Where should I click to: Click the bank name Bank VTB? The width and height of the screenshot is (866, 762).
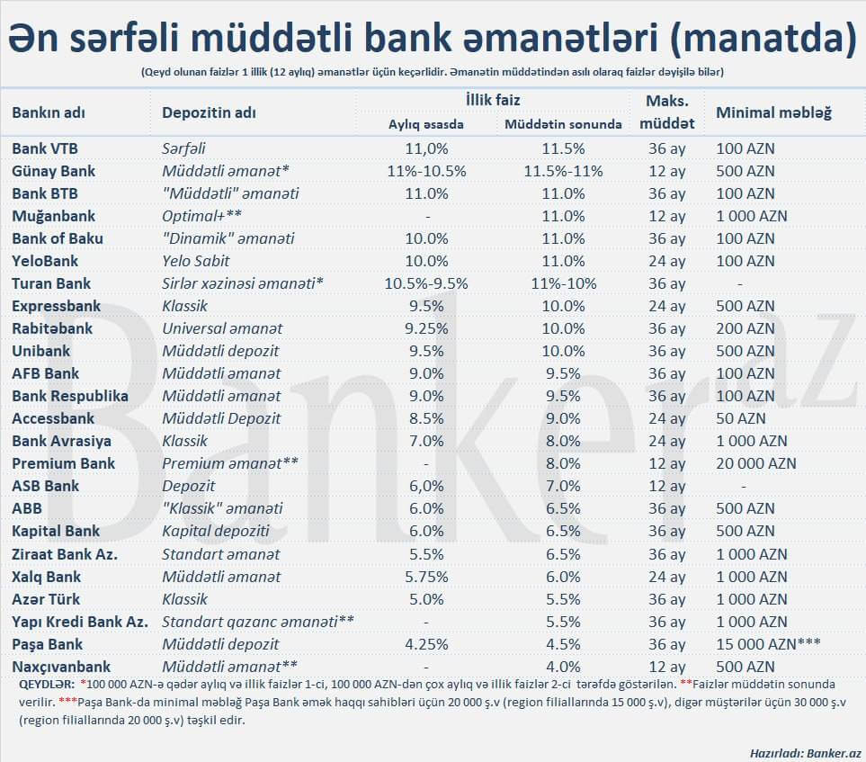coord(43,148)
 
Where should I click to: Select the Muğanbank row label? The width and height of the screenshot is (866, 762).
coord(53,216)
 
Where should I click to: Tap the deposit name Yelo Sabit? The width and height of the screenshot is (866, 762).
coord(195,261)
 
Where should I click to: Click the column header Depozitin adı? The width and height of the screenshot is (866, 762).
coord(209,112)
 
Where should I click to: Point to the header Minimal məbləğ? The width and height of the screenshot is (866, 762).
coord(773,112)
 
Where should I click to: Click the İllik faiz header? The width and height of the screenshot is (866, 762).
coord(492,100)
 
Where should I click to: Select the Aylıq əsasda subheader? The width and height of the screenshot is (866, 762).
coord(425,124)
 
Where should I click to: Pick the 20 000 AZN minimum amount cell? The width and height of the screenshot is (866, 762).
coord(755,463)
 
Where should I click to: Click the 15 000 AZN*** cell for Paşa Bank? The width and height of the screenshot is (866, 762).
coord(768,644)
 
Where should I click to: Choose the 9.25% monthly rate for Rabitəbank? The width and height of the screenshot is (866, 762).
coord(426,328)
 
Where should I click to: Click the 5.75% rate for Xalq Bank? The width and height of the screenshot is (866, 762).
coord(426,577)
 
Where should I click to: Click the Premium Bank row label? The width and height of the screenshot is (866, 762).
coord(63,463)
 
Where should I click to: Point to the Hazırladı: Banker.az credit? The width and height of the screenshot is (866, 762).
coord(805,750)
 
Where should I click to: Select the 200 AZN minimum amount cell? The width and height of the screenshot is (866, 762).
coord(745,328)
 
